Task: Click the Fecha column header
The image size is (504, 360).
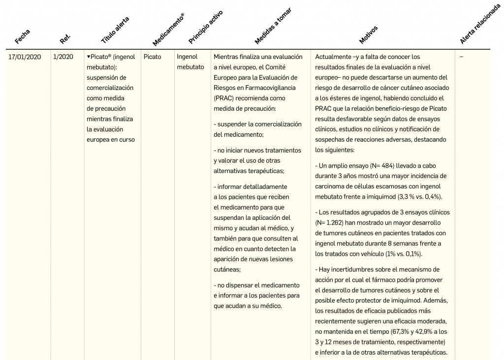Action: pyautogui.click(x=23, y=35)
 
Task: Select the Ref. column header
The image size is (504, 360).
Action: pyautogui.click(x=65, y=37)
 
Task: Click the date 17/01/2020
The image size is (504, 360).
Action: pyautogui.click(x=25, y=57)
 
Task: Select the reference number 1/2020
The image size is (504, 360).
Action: pyautogui.click(x=63, y=57)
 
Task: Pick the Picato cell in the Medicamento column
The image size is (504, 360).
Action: pyautogui.click(x=152, y=57)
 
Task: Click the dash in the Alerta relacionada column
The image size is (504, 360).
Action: pyautogui.click(x=461, y=57)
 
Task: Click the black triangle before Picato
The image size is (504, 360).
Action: pyautogui.click(x=88, y=57)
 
